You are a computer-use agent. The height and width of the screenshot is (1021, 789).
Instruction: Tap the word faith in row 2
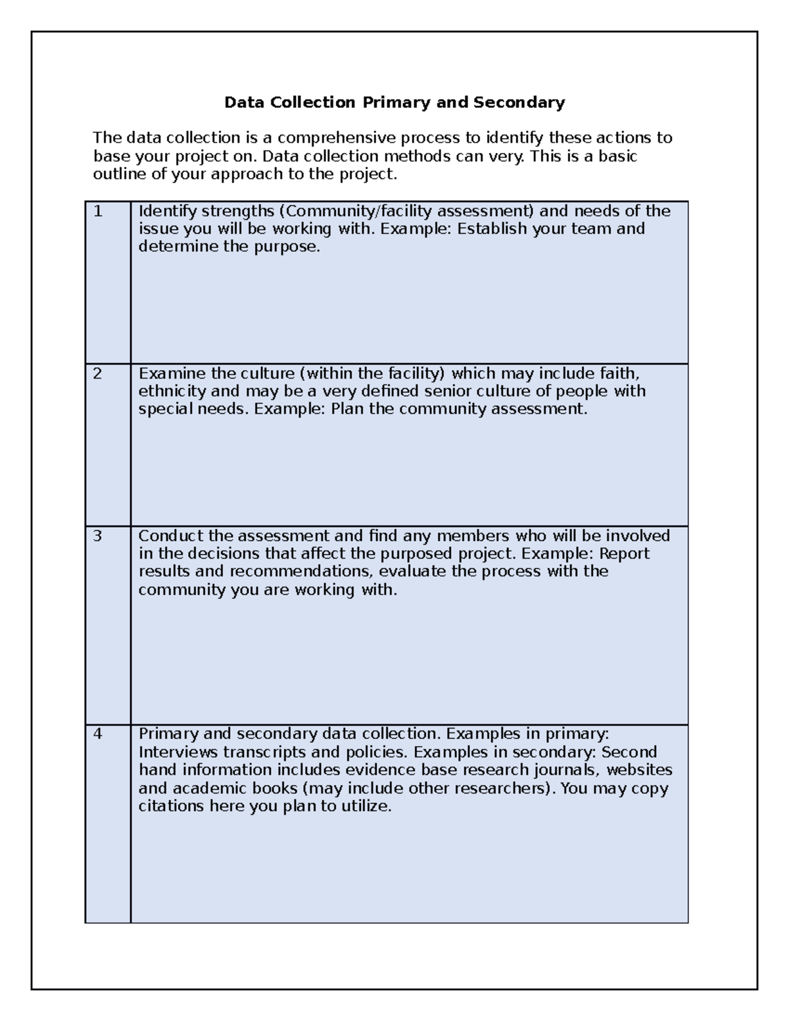click(x=619, y=374)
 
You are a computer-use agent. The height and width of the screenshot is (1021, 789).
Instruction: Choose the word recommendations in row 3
click(x=300, y=571)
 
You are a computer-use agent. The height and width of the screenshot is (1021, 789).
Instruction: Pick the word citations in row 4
click(x=172, y=807)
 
